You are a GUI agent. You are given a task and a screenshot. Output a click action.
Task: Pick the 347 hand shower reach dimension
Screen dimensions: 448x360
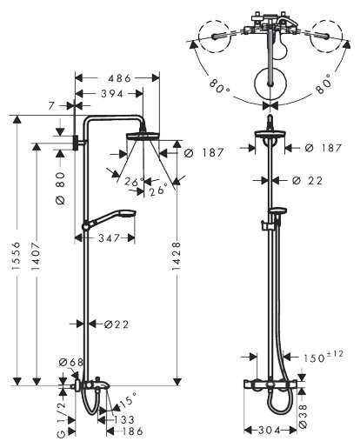point(110,237)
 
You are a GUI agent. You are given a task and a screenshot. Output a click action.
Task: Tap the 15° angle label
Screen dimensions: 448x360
point(128,399)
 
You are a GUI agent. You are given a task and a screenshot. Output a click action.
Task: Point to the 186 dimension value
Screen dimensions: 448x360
point(130,431)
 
